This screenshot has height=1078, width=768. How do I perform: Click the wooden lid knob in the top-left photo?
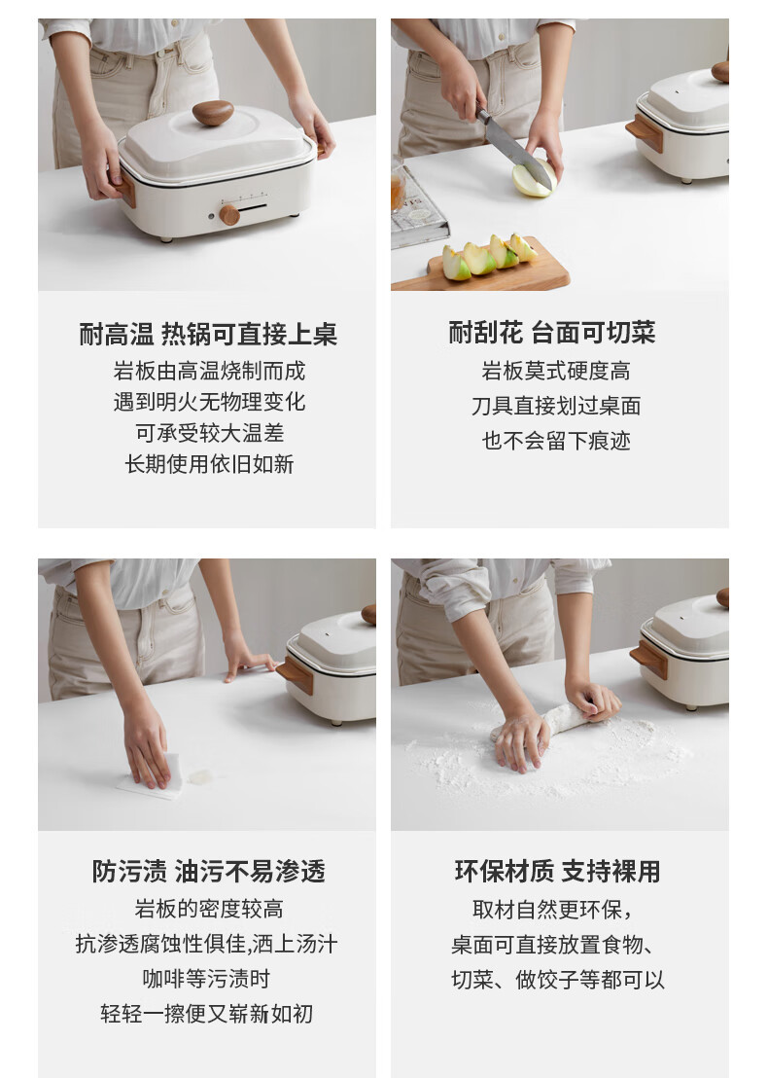212,113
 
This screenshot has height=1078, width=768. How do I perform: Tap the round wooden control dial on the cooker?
229,214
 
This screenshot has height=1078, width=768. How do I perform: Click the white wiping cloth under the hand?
153,777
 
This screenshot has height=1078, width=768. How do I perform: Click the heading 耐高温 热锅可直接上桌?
208,334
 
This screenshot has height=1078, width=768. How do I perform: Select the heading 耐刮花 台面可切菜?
552,333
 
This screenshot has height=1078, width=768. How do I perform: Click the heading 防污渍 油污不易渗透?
209,871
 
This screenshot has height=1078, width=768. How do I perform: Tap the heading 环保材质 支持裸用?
557,871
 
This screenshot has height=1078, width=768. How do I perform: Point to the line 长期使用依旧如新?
209,464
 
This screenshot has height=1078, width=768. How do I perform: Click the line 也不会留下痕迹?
556,441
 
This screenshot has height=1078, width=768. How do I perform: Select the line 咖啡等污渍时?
207,979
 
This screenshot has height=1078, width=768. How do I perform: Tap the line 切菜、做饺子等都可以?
558,980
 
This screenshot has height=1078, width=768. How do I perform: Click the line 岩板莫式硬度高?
556,372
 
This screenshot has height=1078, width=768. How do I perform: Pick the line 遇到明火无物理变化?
210,402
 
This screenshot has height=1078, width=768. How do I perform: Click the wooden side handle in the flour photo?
649,659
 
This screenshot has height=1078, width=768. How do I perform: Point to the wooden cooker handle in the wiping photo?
296,674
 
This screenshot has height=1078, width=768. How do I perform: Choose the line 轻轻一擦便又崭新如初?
207,1014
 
